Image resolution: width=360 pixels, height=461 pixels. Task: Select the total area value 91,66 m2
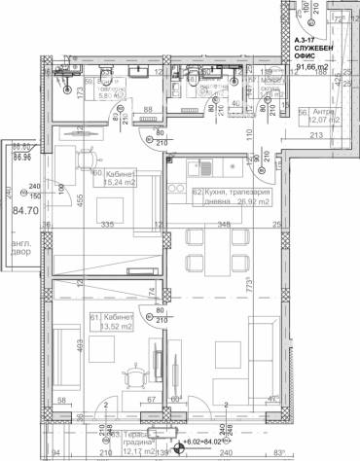click(x=317, y=67)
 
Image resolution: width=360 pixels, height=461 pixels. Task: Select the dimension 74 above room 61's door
click(x=149, y=290)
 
